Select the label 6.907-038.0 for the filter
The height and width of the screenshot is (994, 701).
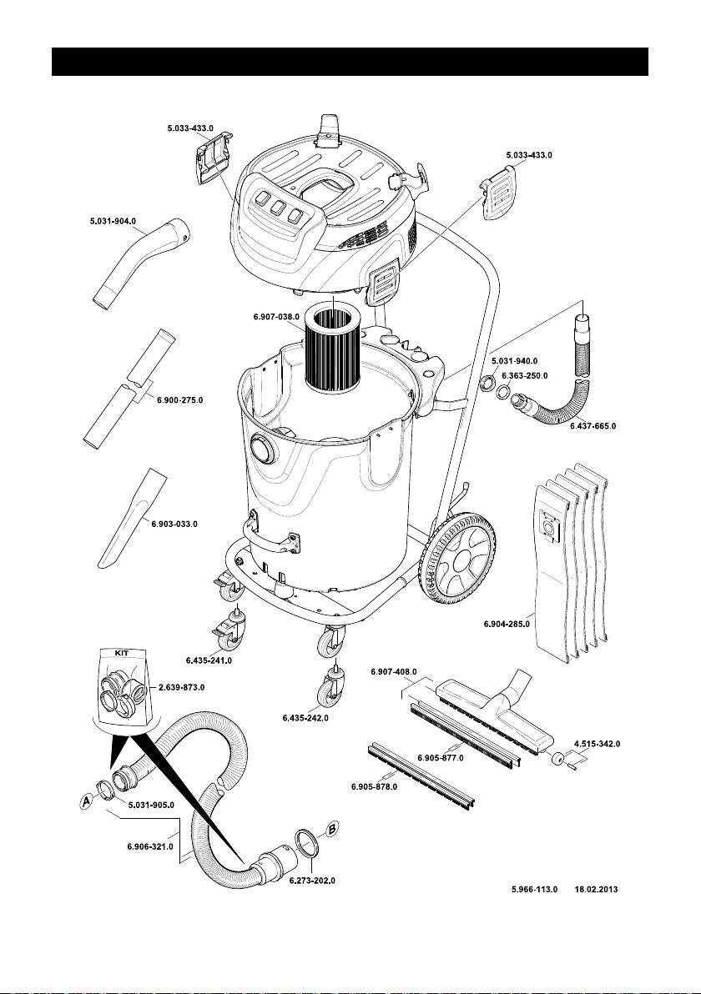click(275, 317)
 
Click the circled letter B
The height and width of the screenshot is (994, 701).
click(331, 830)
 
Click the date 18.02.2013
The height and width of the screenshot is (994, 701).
click(600, 890)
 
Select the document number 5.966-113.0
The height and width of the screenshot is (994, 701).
click(534, 890)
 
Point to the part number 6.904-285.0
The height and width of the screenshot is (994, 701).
click(507, 623)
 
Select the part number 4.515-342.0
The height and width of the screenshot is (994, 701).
click(597, 742)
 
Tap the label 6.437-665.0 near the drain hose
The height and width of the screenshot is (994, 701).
click(593, 426)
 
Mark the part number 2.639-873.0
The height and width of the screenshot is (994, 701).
click(182, 687)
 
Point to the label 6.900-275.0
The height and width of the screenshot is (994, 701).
click(179, 400)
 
